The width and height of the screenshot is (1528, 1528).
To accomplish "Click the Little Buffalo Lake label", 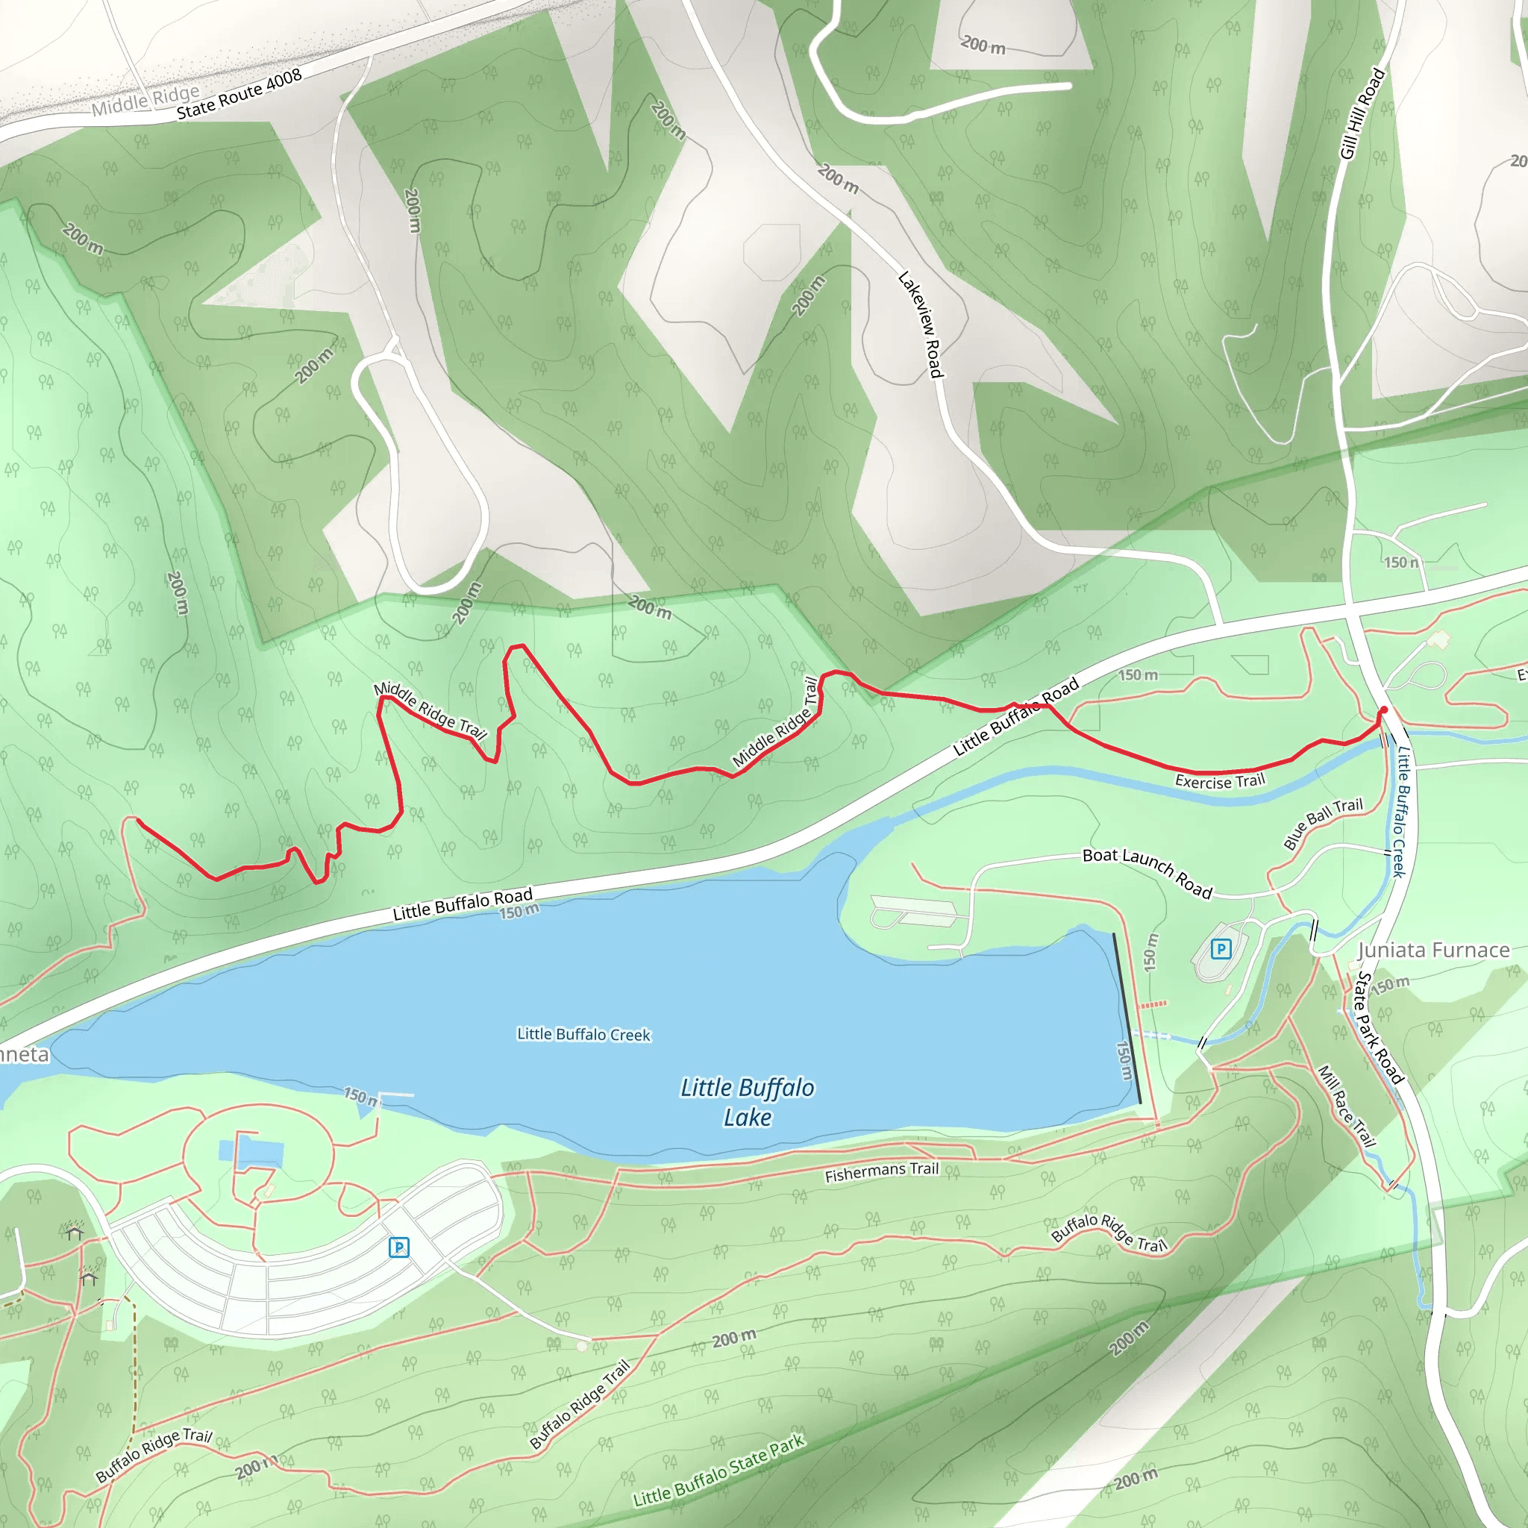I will (747, 1102).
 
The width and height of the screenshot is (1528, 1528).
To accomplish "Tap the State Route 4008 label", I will (239, 94).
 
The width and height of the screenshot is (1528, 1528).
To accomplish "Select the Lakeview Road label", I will (921, 325).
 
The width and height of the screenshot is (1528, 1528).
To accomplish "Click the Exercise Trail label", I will (1220, 781).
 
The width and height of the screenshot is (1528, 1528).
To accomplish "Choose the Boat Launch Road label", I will (1147, 872).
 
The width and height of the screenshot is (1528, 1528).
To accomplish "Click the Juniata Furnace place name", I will (1433, 950).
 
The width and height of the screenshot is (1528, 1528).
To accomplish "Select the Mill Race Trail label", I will (1347, 1106).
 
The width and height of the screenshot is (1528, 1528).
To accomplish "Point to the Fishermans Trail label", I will (881, 1172).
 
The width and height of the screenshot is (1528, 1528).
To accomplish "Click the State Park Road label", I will (1380, 1027).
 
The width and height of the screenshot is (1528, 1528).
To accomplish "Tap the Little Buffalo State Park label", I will (718, 1470).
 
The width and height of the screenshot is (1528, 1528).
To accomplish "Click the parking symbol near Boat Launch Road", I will (1221, 949).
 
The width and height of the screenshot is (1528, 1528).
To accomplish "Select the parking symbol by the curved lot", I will (399, 1247).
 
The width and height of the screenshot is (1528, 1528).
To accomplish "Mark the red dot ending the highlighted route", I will (1383, 710).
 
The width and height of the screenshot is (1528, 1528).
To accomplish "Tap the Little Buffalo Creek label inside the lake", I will (583, 1035).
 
